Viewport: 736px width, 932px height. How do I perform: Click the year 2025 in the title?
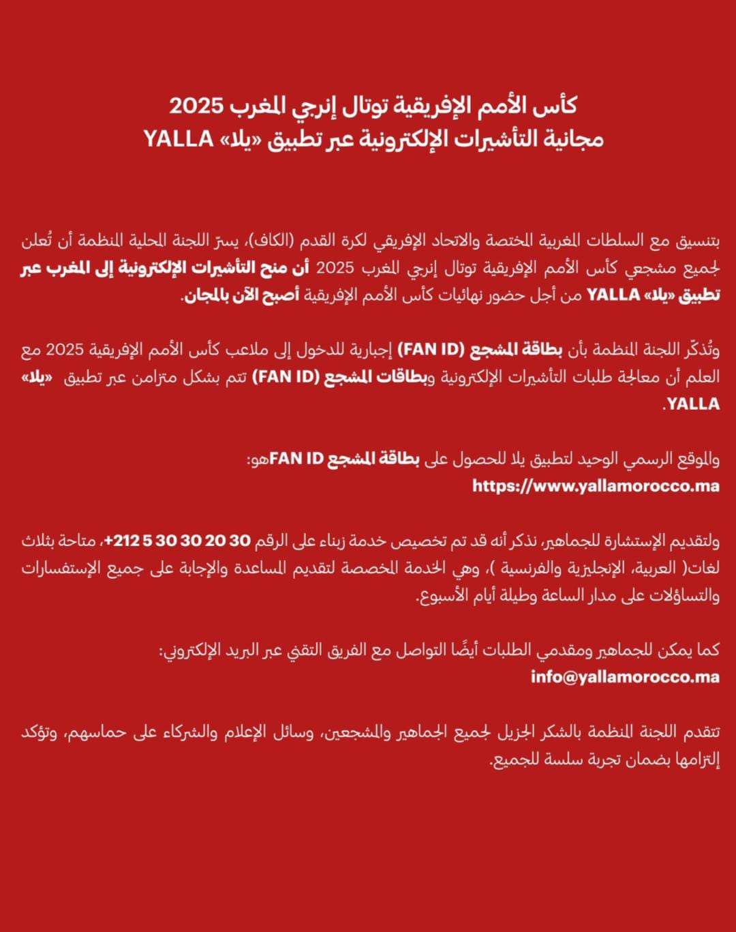point(196,106)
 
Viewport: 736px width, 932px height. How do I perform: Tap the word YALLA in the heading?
point(179,139)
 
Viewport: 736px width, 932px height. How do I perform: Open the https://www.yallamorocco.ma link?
point(596,486)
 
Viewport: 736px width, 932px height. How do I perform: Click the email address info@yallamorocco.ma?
point(625,677)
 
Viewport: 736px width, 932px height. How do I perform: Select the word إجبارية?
point(371,350)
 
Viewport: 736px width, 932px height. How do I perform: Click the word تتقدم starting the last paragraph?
point(700,732)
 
